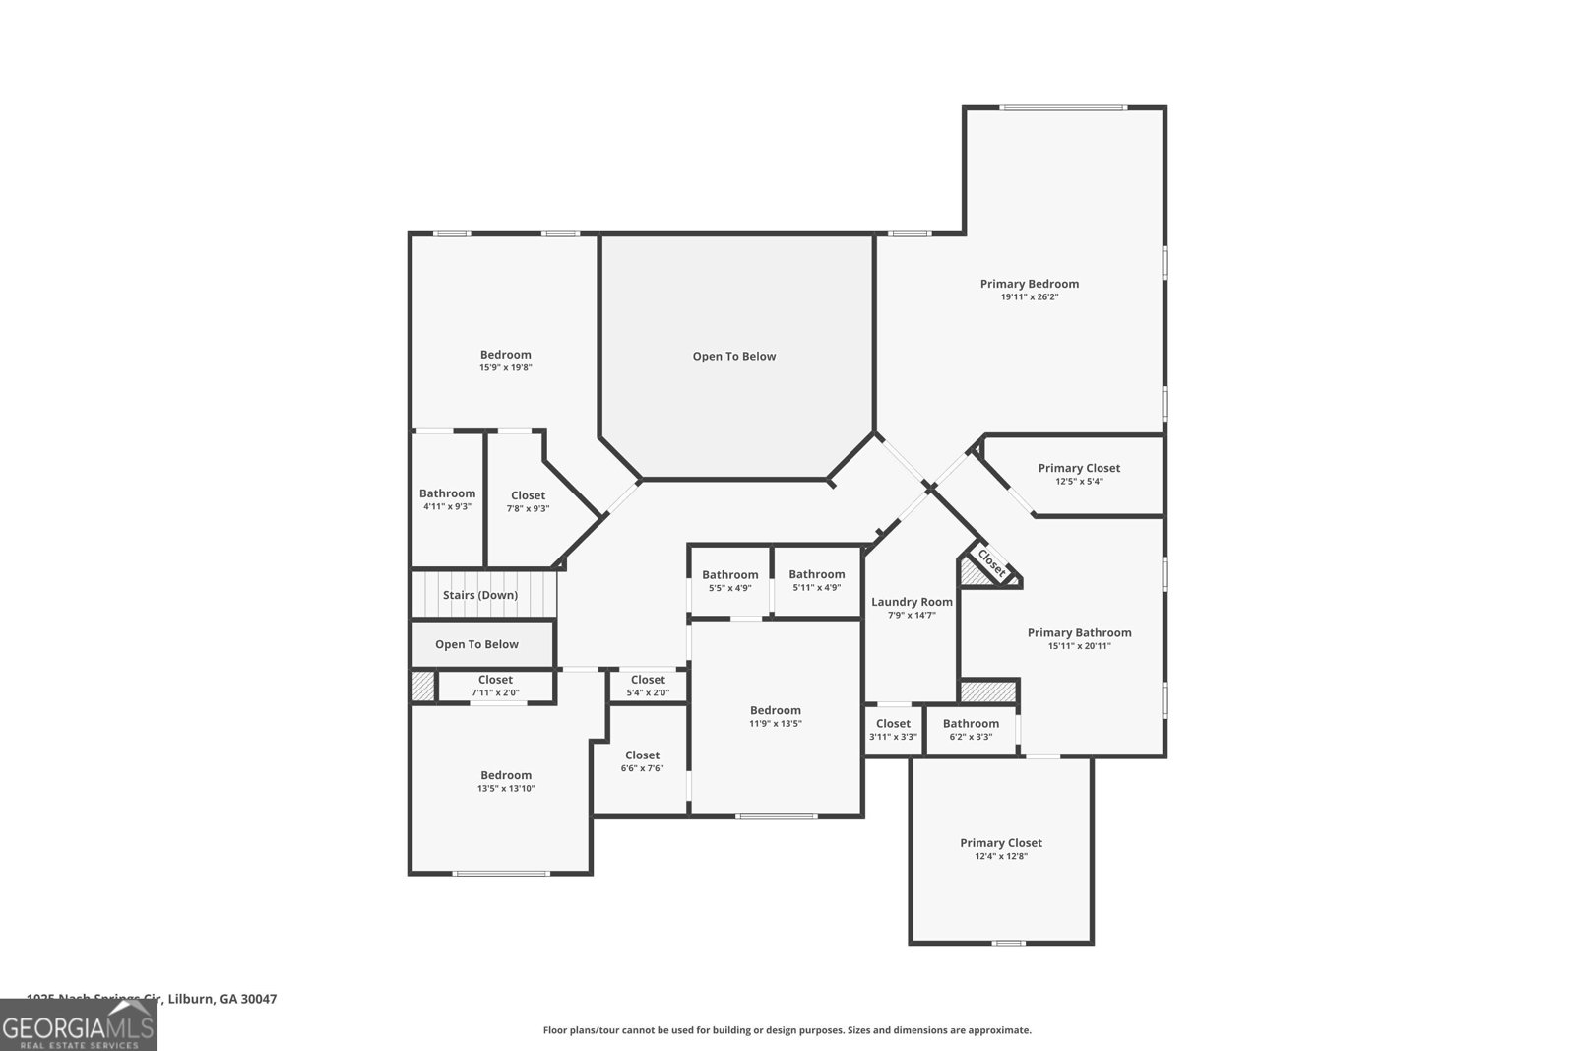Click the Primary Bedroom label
point(1029,284)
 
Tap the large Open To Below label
point(733,357)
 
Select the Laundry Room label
point(912,602)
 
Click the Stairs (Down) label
point(479,595)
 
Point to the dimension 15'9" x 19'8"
point(505,367)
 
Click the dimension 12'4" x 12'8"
point(1000,856)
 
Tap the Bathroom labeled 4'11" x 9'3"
point(447,493)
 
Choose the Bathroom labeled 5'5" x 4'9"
point(729,575)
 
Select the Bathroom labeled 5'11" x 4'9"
point(816,575)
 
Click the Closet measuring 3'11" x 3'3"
point(893,724)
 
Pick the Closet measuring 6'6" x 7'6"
point(642,755)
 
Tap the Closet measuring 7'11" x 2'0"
point(495,680)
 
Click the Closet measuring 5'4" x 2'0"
point(648,680)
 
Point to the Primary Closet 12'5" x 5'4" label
point(1079,468)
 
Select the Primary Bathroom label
point(1079,633)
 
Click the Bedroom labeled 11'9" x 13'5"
point(775,710)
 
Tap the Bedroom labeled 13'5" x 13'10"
point(505,775)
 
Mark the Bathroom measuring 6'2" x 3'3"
point(971,724)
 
